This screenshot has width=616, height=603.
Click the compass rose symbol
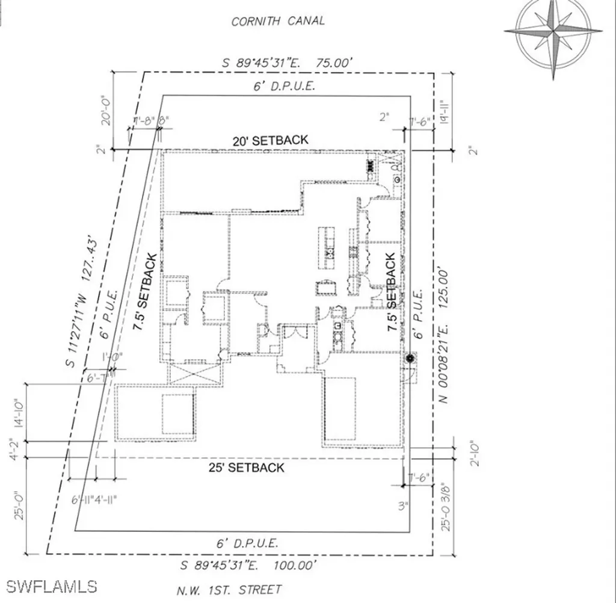[553, 32]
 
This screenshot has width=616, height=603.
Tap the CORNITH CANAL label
[278, 21]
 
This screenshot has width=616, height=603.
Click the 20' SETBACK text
[271, 140]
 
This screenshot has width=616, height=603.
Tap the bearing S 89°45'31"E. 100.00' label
[249, 565]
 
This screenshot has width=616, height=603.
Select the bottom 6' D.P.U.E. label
[247, 543]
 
